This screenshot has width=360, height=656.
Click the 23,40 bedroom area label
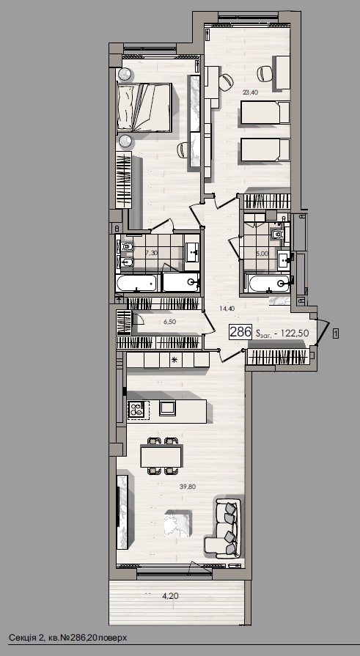coord(250,92)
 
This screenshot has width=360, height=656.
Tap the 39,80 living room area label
coord(188,486)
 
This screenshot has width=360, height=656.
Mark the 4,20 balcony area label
coord(170,596)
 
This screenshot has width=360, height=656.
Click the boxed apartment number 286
coord(240,332)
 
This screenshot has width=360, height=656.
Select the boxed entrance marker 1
coord(335,333)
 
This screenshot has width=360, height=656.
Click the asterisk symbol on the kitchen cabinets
coord(174,360)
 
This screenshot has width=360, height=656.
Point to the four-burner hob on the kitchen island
coord(137,410)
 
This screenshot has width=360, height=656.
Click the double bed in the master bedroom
coord(144,108)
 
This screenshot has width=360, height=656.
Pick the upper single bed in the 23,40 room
coord(265,114)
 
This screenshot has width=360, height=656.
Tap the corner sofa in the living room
coord(225,526)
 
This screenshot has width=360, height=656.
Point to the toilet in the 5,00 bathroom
coord(276,234)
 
